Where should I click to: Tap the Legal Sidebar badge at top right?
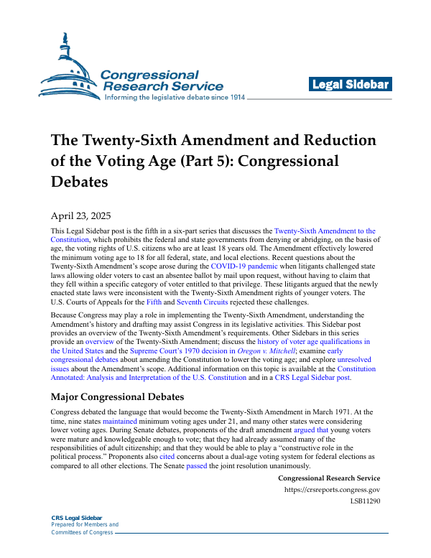tap(351, 85)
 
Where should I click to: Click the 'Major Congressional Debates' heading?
tap(118, 396)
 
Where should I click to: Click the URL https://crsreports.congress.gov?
tap(332, 490)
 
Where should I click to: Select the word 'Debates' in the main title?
tap(79, 181)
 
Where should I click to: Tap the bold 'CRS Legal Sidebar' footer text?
tap(78, 518)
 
